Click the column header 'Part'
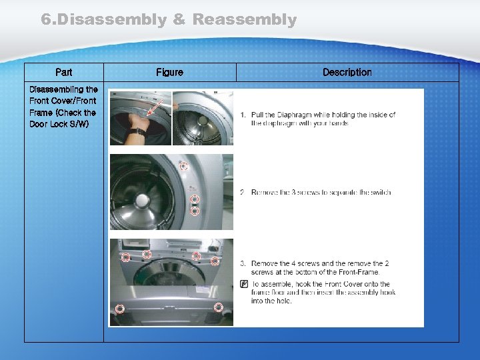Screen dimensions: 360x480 [x=64, y=72]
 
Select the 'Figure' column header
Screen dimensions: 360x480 [x=169, y=72]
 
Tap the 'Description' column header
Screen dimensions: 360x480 [x=347, y=72]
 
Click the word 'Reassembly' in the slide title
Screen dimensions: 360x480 [x=244, y=20]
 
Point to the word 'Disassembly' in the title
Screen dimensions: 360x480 [x=103, y=20]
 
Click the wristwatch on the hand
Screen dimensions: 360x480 [x=138, y=131]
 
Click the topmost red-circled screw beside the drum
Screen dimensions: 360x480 [x=183, y=167]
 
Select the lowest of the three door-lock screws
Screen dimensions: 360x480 [x=195, y=211]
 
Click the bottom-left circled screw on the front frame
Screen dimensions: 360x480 [x=120, y=309]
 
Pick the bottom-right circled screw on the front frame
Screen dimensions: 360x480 [x=218, y=307]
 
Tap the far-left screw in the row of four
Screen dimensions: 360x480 [x=125, y=258]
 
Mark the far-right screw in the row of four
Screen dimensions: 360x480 [x=215, y=261]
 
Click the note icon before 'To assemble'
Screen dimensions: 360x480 [x=244, y=284]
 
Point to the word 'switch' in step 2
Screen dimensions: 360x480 [x=379, y=193]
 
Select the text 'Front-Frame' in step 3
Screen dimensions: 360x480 [x=359, y=272]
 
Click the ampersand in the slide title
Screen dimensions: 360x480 [x=179, y=20]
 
